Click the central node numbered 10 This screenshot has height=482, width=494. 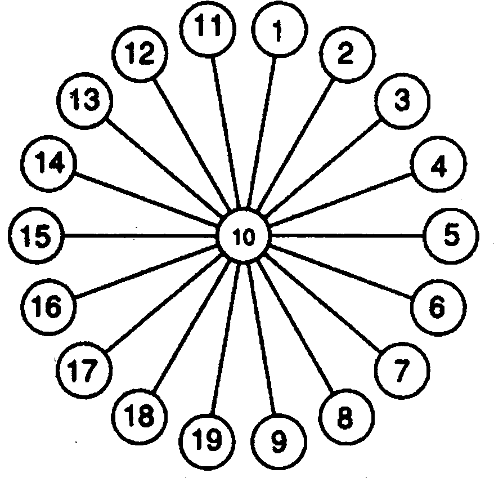click(245, 236)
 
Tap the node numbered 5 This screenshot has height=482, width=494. click(452, 236)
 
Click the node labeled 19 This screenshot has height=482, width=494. click(209, 440)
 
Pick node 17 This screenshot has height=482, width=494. click(85, 370)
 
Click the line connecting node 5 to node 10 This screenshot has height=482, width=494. click(349, 236)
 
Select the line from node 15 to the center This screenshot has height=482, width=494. click(141, 235)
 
